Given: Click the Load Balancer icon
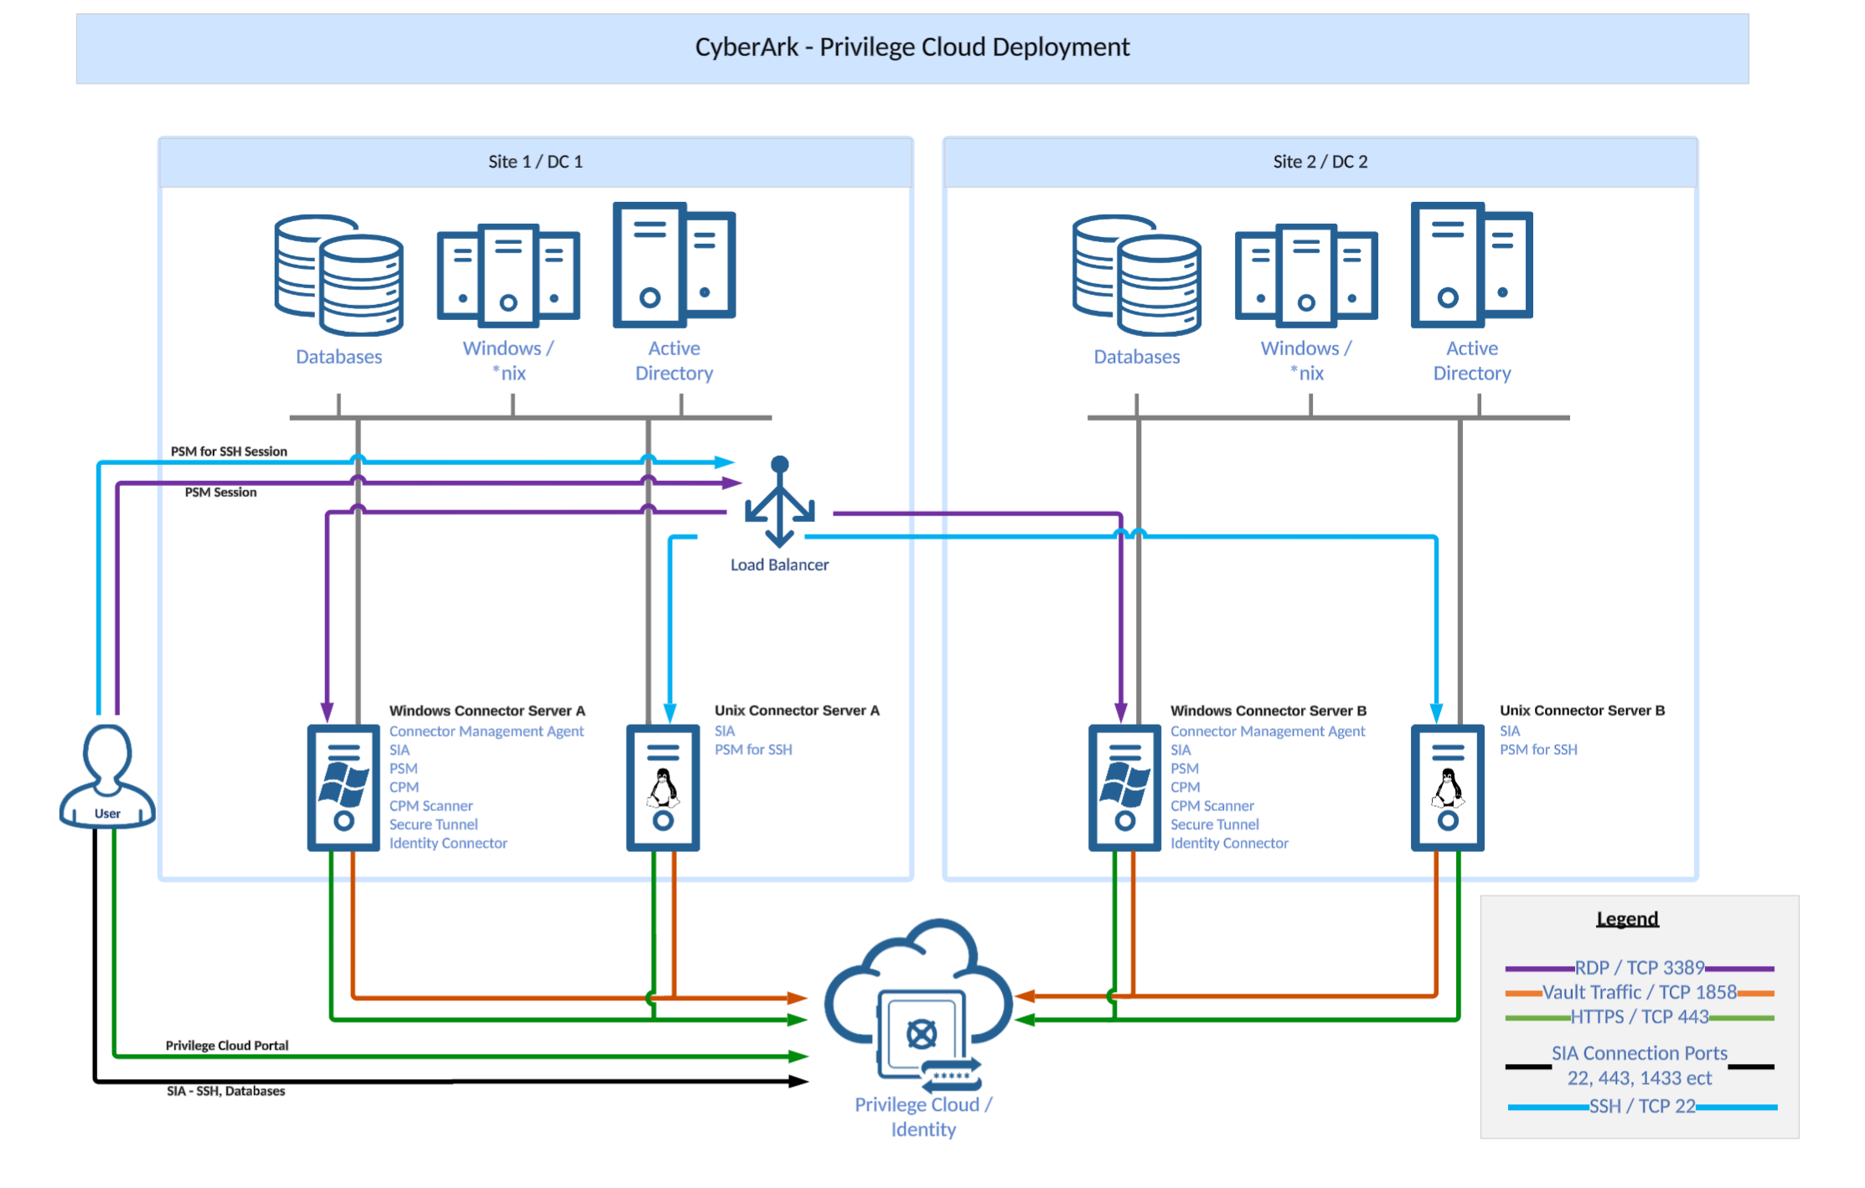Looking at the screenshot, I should tap(779, 502).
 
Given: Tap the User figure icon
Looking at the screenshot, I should tap(107, 776).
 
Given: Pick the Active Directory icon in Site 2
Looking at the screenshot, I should tap(1471, 265).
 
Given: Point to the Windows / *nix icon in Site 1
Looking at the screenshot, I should tap(508, 276).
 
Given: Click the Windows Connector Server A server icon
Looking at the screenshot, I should tap(344, 788).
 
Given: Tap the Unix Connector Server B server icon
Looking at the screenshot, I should tap(1447, 788).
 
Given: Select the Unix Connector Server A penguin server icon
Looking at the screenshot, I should tap(663, 788).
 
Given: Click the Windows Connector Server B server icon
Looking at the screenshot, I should tap(1124, 788).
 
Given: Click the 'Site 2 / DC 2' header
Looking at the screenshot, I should tap(1320, 162).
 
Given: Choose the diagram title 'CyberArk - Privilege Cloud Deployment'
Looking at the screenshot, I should tap(912, 47).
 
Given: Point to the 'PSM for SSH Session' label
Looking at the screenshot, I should tap(229, 452).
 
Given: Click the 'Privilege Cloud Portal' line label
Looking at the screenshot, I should tap(226, 1046).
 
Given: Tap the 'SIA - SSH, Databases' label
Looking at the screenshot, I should tap(225, 1091).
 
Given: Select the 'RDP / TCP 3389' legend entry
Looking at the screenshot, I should tap(1639, 968).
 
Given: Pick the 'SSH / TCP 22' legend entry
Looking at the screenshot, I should tap(1641, 1107).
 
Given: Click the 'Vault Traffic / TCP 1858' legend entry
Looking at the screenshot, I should tap(1639, 993).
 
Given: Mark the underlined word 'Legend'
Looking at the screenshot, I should tap(1626, 919).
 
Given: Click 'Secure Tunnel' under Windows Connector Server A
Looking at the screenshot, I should tap(433, 824).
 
